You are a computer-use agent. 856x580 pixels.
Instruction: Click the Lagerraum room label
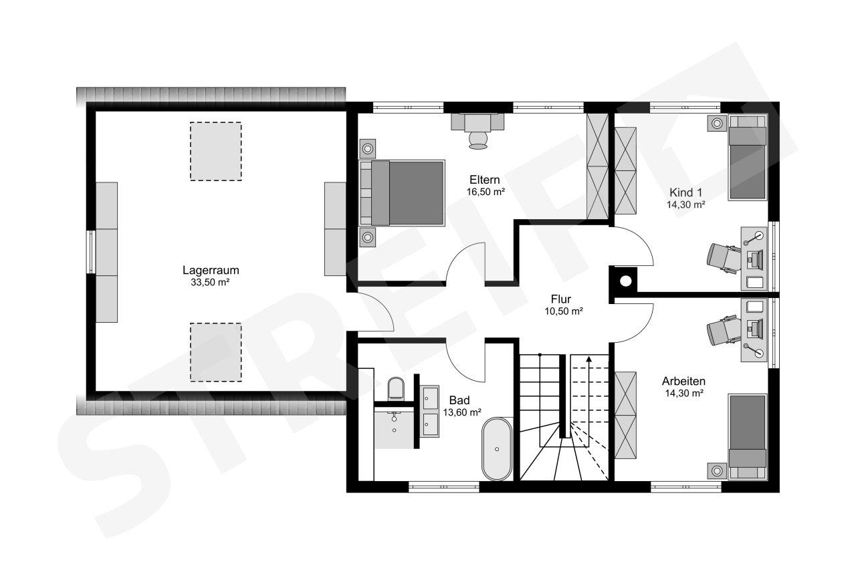click(211, 270)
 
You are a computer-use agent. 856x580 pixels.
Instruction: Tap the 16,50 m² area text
click(486, 192)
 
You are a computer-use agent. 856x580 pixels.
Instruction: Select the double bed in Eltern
click(403, 193)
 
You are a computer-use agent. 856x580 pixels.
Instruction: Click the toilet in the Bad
click(396, 389)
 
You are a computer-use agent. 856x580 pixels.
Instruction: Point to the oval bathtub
click(497, 448)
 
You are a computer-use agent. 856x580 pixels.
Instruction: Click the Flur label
click(561, 299)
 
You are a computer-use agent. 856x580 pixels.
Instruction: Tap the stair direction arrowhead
click(589, 359)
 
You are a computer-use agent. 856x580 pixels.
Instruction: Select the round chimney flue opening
click(625, 281)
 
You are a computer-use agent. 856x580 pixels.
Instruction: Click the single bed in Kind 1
click(748, 156)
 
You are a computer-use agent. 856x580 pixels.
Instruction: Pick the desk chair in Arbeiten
click(722, 330)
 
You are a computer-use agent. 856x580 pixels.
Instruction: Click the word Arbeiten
click(683, 381)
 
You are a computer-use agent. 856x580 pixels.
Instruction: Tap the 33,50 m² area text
click(210, 283)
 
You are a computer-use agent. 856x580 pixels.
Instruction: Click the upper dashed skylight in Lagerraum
click(216, 151)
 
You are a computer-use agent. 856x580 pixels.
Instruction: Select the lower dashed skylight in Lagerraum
click(216, 352)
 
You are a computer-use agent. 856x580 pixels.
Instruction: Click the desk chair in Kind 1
click(722, 259)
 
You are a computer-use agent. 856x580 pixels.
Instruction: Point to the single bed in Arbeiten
click(748, 436)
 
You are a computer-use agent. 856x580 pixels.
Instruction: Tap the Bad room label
click(459, 400)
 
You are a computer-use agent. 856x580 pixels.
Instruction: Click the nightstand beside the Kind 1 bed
click(717, 124)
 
